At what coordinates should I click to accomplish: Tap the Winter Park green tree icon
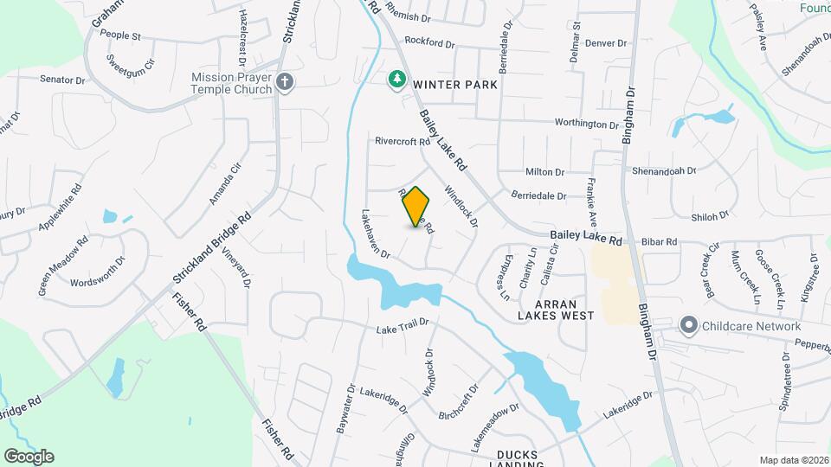397,80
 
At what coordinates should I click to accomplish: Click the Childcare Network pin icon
689,326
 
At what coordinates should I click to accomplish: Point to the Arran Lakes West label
553,310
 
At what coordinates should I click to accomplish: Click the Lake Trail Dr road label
403,329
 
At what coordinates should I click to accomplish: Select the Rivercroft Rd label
403,141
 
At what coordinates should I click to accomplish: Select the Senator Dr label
62,80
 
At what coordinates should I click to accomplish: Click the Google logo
29,456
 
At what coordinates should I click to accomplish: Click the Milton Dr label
544,172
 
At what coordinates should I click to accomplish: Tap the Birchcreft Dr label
460,400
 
